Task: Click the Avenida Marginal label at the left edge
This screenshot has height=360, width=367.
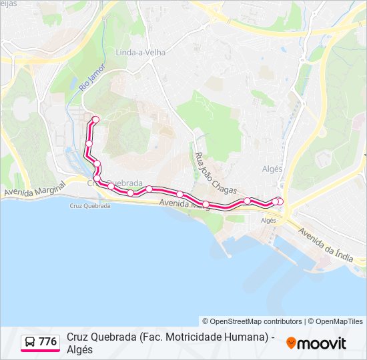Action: coord(33,189)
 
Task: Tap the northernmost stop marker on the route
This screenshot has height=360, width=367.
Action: coord(95,119)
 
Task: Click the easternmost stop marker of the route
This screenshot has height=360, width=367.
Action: coord(280,201)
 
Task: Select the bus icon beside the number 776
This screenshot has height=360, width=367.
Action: coord(30,342)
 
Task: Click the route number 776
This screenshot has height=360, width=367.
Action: coord(47,342)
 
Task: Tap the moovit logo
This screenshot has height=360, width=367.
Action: coord(316,343)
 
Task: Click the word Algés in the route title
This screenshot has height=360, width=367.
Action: coord(80,349)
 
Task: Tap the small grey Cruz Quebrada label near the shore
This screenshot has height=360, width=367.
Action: coord(90,206)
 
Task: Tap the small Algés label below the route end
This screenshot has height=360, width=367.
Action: coord(268,220)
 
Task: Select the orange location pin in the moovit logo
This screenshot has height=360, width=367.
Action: coord(291,343)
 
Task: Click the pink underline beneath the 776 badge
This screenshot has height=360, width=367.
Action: coord(40,351)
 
